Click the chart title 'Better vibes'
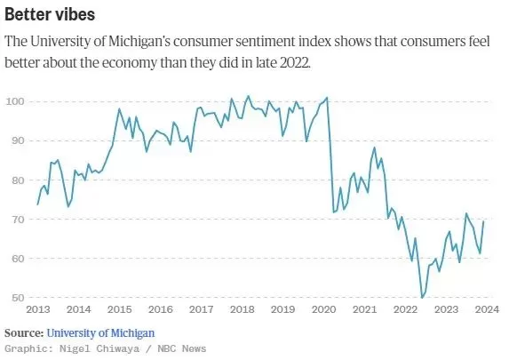pyautogui.click(x=50, y=14)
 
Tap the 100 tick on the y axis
pyautogui.click(x=15, y=101)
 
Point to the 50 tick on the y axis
pyautogui.click(x=18, y=298)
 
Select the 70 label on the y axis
pyautogui.click(x=18, y=220)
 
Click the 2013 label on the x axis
pyautogui.click(x=38, y=309)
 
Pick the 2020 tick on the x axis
pyautogui.click(x=324, y=309)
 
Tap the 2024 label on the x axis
pyautogui.click(x=487, y=309)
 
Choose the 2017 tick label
pyautogui.click(x=202, y=309)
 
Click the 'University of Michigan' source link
pyautogui.click(x=100, y=333)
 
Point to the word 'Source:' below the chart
pyautogui.click(x=24, y=333)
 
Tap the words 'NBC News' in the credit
pyautogui.click(x=182, y=348)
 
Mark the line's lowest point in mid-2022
pyautogui.click(x=422, y=298)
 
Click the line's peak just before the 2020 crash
pyautogui.click(x=327, y=98)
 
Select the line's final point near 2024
pyautogui.click(x=483, y=221)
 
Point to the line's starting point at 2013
pyautogui.click(x=37, y=204)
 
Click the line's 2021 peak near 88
pyautogui.click(x=374, y=148)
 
